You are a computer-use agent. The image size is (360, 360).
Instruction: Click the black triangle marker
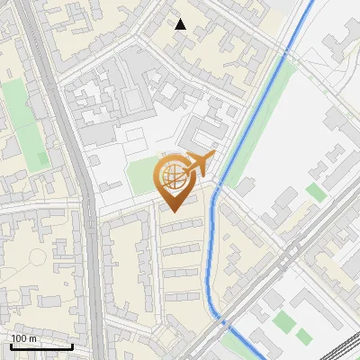click(x=181, y=24)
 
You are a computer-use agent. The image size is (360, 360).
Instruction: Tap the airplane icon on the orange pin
click(x=199, y=164)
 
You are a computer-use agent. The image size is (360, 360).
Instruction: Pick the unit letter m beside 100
click(x=33, y=338)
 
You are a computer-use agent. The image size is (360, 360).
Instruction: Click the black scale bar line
click(x=40, y=346)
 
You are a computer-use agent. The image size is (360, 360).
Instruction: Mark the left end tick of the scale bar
click(x=9, y=345)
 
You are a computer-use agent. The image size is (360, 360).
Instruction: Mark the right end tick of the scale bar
click(x=73, y=345)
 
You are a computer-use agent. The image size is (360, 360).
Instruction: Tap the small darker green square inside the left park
click(x=40, y=158)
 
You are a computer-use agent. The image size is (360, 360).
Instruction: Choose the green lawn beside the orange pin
click(x=140, y=175)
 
